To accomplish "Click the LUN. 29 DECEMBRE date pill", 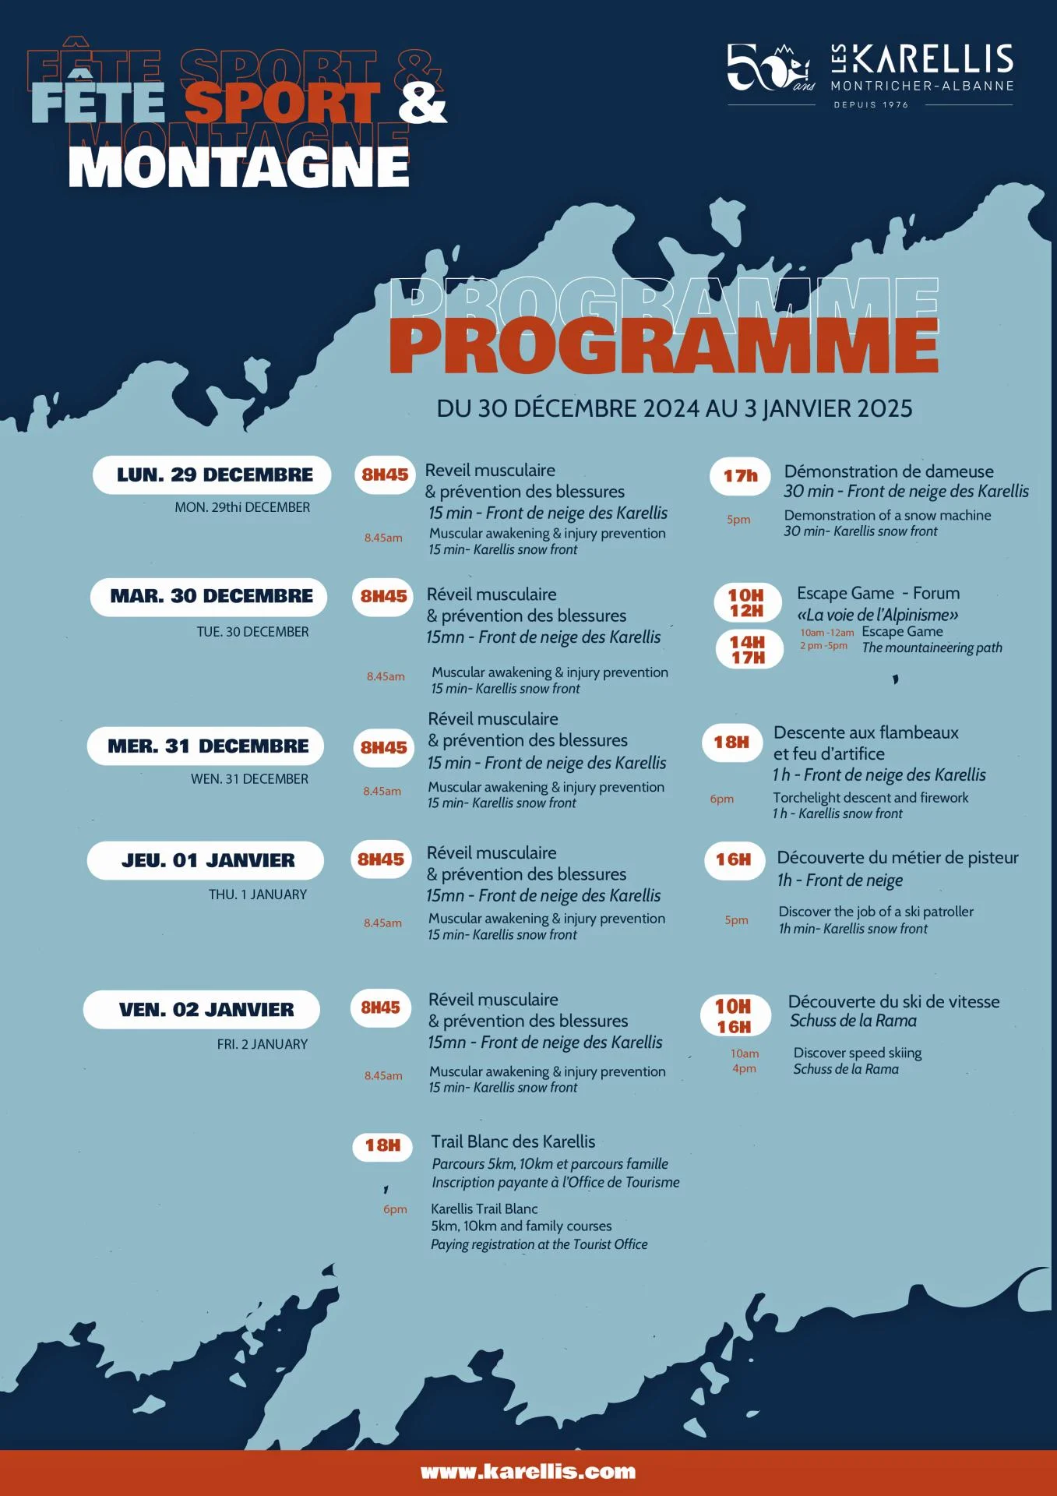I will click(x=212, y=475).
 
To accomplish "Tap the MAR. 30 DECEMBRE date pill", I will click(x=209, y=596).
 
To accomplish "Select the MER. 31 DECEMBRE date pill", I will click(x=206, y=746).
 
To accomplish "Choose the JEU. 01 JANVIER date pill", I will click(x=206, y=860).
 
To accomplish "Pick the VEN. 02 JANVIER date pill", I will click(x=203, y=1009).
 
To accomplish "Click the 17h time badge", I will click(x=740, y=475).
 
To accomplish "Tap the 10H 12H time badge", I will click(x=747, y=602).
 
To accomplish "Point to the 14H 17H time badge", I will click(x=748, y=649).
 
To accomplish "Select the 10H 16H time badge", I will click(x=735, y=1016).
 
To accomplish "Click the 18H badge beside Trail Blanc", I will click(x=382, y=1145).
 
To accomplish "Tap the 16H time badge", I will click(x=734, y=859).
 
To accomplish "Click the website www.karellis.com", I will click(x=528, y=1472).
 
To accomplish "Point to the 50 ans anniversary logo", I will click(x=770, y=68).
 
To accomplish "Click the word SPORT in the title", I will click(x=282, y=102).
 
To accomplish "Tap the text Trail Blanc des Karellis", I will click(x=513, y=1141).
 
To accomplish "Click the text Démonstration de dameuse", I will click(x=889, y=471).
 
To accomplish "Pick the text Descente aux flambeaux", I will click(x=865, y=732).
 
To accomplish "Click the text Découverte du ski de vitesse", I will click(x=893, y=1001).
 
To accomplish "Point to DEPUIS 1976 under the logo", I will click(x=871, y=104).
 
